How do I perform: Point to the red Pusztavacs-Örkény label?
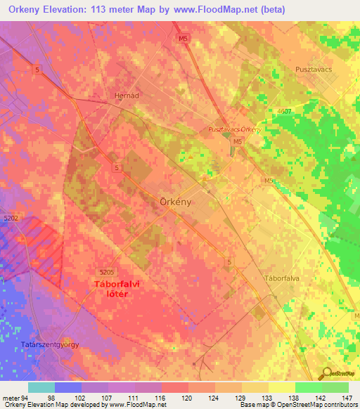pyautogui.click(x=235, y=130)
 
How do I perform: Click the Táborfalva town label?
pyautogui.click(x=282, y=278)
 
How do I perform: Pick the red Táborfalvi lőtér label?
pyautogui.click(x=111, y=289)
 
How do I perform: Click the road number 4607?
pyautogui.click(x=304, y=111)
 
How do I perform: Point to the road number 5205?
pyautogui.click(x=107, y=272)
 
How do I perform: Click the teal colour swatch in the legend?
pyautogui.click(x=41, y=387)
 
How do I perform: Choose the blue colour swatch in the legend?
pyautogui.click(x=68, y=387)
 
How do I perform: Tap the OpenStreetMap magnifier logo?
pyautogui.click(x=327, y=373)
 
